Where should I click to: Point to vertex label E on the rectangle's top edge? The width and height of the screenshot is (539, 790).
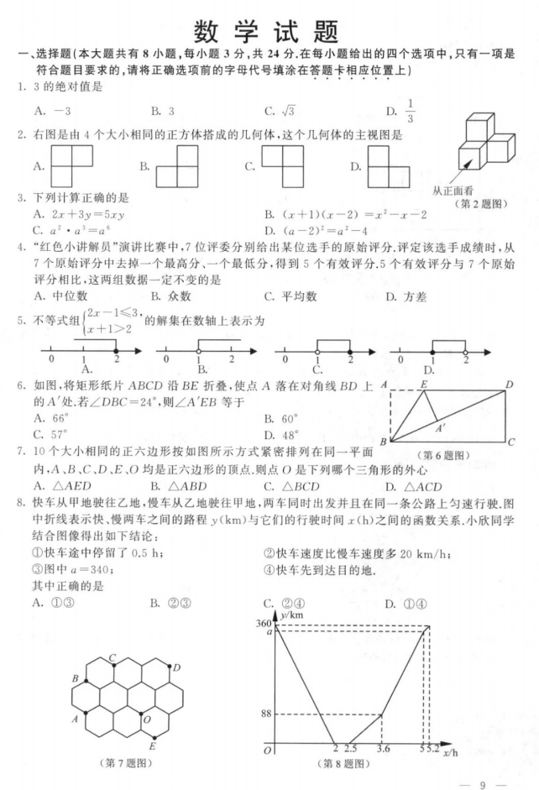tap(424, 384)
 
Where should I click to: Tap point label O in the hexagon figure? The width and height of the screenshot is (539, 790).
tap(147, 719)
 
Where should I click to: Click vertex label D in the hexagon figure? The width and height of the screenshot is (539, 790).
tap(177, 667)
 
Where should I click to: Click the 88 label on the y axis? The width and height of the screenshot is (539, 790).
tap(266, 714)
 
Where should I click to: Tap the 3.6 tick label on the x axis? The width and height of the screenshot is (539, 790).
tap(384, 748)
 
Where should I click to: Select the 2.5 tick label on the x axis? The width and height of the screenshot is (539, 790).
tap(350, 748)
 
